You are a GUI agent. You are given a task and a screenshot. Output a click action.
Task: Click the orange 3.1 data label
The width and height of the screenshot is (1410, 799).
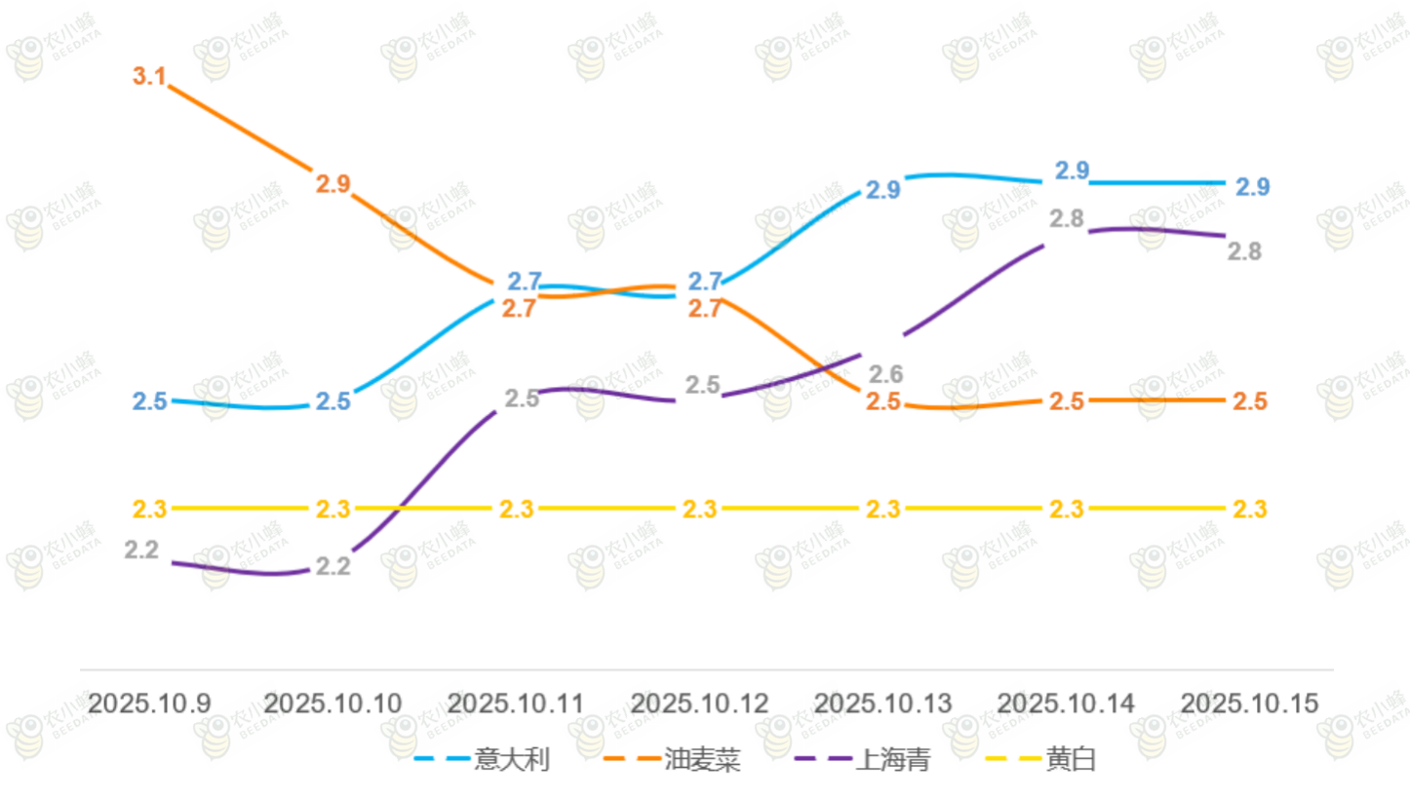click(149, 76)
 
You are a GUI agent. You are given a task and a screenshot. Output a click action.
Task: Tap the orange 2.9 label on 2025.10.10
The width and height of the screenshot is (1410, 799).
click(333, 183)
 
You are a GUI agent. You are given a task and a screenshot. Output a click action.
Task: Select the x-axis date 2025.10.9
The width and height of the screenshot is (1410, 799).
click(149, 704)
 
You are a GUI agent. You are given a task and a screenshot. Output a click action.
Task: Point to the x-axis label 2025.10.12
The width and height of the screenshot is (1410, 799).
click(700, 704)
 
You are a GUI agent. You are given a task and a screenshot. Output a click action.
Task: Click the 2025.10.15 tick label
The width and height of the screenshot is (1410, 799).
click(1249, 704)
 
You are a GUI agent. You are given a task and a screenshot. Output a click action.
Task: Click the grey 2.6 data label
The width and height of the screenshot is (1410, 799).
click(885, 373)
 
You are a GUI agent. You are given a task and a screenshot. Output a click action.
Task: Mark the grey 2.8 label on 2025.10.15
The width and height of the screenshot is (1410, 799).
click(1244, 251)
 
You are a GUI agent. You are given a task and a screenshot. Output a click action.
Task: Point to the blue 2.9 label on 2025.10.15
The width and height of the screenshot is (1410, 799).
click(1252, 186)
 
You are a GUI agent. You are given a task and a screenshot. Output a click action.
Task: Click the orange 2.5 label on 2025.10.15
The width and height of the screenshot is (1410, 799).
click(1250, 400)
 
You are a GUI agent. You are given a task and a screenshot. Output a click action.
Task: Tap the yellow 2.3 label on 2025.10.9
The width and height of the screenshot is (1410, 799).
click(149, 509)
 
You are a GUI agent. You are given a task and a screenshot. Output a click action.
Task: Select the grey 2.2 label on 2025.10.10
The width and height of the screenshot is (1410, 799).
click(333, 566)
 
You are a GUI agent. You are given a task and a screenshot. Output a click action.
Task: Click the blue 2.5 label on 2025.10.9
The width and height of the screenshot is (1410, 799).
click(149, 400)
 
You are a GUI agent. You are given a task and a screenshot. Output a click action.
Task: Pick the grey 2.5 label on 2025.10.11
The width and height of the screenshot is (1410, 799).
click(522, 399)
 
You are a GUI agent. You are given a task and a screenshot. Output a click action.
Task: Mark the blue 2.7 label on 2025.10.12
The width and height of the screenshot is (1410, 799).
click(705, 282)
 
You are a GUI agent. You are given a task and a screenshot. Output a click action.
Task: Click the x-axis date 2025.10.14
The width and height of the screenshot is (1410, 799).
click(1067, 704)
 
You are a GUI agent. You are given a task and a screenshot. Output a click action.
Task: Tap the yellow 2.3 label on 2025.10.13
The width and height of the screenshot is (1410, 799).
click(883, 509)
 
